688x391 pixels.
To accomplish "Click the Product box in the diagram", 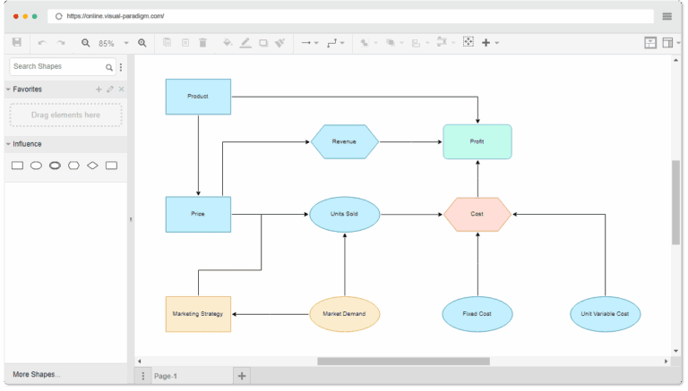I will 198,97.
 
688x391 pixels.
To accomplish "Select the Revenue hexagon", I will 344,141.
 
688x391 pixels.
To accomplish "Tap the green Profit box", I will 477,141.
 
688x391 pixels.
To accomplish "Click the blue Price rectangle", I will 198,214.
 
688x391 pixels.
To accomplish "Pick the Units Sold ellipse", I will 344,214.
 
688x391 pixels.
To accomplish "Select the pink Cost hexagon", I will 477,214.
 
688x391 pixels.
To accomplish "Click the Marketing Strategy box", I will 198,314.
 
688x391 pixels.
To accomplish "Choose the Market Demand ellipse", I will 344,314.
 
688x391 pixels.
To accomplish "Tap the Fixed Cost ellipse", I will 477,314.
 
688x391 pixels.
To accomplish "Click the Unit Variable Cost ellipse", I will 605,314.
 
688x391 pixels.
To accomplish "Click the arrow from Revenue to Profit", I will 410,141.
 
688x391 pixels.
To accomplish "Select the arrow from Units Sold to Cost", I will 411,214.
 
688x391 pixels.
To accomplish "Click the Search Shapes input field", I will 57,66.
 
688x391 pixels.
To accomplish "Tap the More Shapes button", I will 37,374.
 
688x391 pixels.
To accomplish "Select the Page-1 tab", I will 167,376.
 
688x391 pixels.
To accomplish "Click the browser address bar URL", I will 116,16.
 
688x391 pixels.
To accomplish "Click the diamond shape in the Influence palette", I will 92,166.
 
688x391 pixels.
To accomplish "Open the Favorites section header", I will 28,89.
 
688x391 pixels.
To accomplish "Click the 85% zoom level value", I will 107,43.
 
